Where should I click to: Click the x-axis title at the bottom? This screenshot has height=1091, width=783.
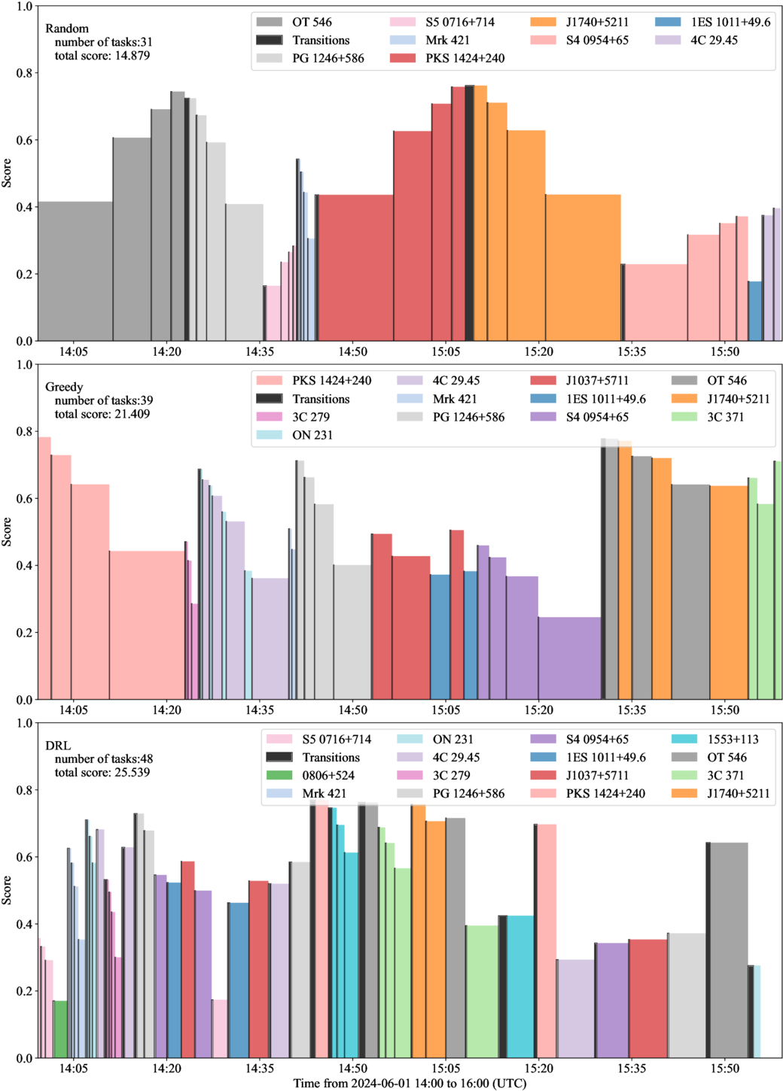(x=410, y=1083)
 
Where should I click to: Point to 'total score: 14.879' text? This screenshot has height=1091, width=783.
(x=102, y=56)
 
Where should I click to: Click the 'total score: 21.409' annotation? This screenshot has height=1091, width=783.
(x=102, y=414)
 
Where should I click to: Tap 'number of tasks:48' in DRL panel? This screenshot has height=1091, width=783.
(x=104, y=759)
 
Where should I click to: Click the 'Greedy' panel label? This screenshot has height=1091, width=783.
(x=64, y=387)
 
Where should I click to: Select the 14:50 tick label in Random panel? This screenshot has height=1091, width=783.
(x=352, y=351)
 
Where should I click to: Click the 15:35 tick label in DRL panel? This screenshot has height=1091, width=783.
(x=632, y=1068)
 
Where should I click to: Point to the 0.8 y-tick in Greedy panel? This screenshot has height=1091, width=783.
(x=24, y=432)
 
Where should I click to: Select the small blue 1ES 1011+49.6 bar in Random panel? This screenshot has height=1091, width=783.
(x=755, y=311)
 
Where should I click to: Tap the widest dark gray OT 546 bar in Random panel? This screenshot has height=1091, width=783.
(x=75, y=271)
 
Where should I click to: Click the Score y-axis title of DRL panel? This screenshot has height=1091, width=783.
(x=7, y=890)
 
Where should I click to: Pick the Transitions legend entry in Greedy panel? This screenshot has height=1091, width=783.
(x=321, y=399)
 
